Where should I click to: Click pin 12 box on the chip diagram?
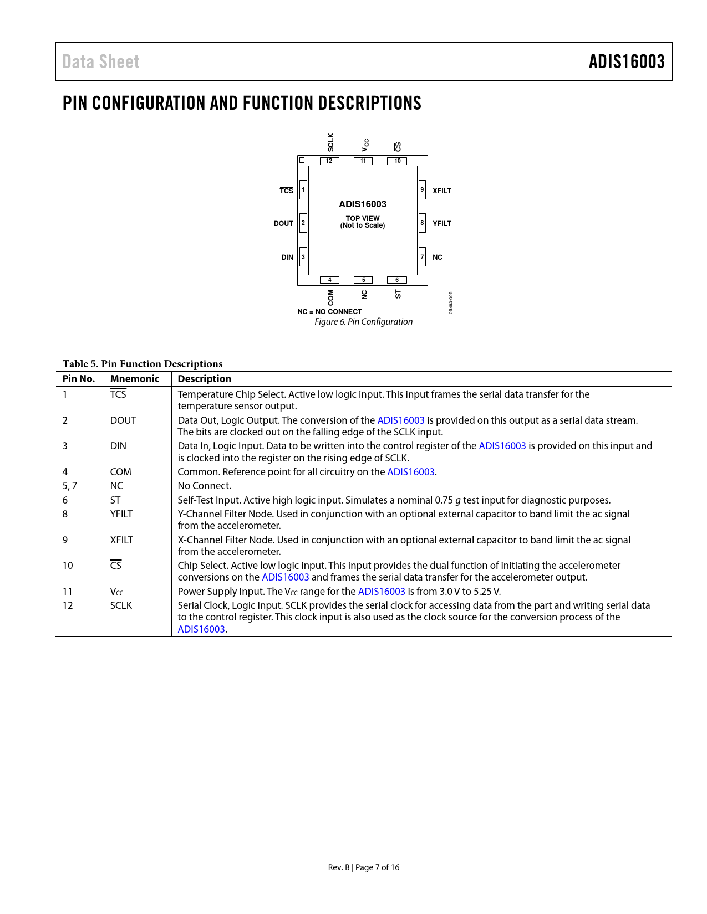tap(329, 161)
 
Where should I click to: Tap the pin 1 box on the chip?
tap(303, 189)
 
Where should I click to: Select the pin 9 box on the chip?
tap(422, 189)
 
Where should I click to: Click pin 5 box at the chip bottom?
tap(363, 280)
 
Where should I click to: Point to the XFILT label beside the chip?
tap(442, 191)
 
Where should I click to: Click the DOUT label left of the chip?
tap(283, 224)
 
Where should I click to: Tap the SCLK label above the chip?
tap(331, 142)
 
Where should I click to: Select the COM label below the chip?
tap(331, 297)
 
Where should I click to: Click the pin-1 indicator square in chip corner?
tap(302, 160)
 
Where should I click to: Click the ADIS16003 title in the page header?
tap(627, 61)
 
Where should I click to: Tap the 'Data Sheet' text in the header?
tap(101, 61)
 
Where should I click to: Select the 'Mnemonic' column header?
tap(135, 379)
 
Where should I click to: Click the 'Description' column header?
tap(205, 379)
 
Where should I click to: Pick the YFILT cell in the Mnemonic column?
tap(121, 514)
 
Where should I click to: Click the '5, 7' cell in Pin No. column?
tap(70, 486)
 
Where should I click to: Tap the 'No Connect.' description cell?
tap(205, 486)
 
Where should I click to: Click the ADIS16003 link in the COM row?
tap(411, 472)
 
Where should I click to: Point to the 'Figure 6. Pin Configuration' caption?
tap(364, 322)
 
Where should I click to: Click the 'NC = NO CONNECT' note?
tap(329, 312)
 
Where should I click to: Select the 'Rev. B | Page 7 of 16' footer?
tap(364, 867)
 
